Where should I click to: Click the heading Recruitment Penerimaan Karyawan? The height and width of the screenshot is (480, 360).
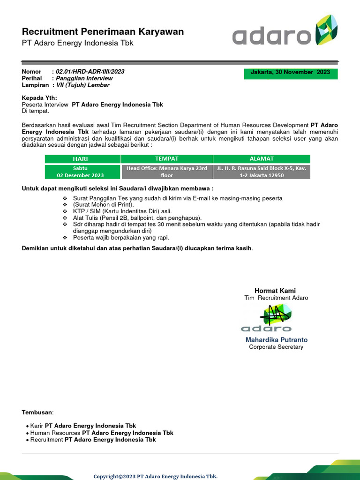pyautogui.click(x=103, y=32)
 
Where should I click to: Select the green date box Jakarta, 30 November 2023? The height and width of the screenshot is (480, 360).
pyautogui.click(x=290, y=73)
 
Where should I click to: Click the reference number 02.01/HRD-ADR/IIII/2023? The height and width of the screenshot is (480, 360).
pyautogui.click(x=90, y=72)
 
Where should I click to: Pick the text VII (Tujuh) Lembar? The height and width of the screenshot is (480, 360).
pyautogui.click(x=82, y=85)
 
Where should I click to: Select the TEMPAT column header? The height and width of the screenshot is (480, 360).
pyautogui.click(x=166, y=159)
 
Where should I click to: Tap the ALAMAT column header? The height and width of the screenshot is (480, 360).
pyautogui.click(x=262, y=159)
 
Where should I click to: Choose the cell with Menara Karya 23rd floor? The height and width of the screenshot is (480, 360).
pyautogui.click(x=166, y=172)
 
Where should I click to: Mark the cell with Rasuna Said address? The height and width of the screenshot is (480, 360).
pyautogui.click(x=262, y=172)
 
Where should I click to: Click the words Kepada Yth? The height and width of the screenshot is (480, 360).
pyautogui.click(x=39, y=98)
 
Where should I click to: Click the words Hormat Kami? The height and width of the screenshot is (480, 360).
pyautogui.click(x=275, y=291)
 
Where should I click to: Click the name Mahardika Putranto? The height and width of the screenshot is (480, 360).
pyautogui.click(x=276, y=340)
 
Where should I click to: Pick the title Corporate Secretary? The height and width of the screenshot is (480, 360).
pyautogui.click(x=276, y=347)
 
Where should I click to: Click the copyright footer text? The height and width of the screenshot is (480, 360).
pyautogui.click(x=155, y=476)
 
